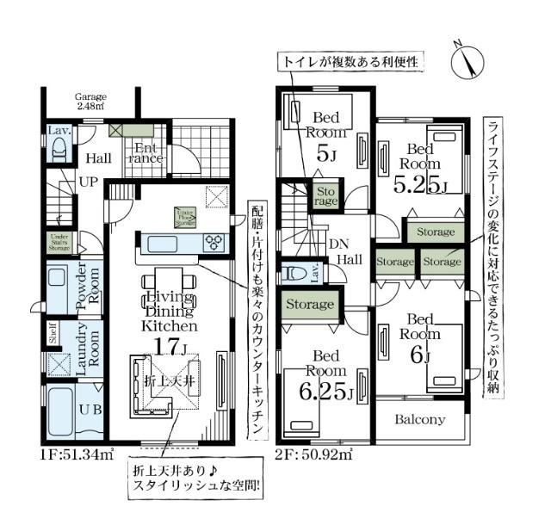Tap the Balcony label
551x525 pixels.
[x=420, y=420]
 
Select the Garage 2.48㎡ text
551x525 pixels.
[x=90, y=102]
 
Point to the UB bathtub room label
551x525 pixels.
[x=91, y=410]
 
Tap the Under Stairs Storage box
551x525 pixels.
[x=59, y=240]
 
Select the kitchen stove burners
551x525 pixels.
[x=213, y=244]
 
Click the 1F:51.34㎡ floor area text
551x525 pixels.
[x=76, y=454]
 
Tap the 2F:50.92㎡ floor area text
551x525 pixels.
[x=315, y=454]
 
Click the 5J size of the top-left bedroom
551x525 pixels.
[x=325, y=155]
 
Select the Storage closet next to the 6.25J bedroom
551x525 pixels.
[x=310, y=305]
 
